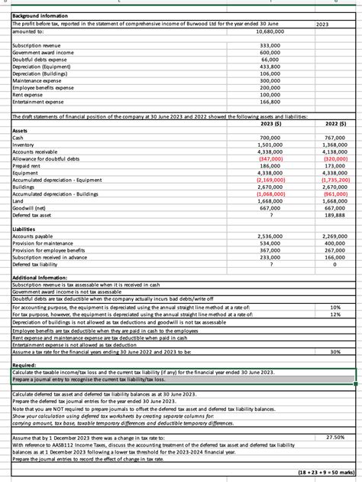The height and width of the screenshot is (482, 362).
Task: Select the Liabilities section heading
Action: [27, 230]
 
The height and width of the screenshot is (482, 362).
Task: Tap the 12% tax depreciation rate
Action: [335, 314]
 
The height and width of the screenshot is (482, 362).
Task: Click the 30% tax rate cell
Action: [335, 351]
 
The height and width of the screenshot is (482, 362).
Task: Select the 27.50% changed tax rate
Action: [335, 436]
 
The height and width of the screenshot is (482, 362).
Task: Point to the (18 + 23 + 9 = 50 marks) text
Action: [323, 473]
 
